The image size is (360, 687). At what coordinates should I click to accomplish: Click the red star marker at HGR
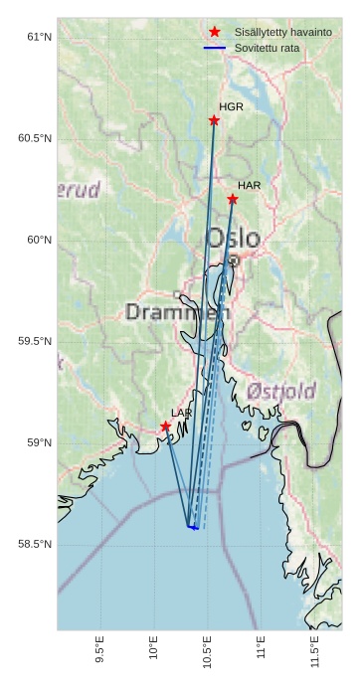214,120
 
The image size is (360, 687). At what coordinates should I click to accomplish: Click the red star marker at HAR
232,199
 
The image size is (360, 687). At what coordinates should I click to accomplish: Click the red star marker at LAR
165,427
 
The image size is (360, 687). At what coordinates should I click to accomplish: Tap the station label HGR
231,106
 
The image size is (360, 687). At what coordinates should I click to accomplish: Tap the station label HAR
249,186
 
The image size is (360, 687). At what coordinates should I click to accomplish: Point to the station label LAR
181,413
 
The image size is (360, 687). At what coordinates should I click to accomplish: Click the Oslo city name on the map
233,239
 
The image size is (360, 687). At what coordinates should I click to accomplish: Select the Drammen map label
177,312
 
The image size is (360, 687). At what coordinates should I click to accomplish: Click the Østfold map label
281,390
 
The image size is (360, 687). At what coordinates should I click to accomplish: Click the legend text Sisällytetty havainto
282,32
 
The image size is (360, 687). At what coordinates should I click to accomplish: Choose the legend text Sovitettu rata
267,48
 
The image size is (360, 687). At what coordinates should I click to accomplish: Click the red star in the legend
215,32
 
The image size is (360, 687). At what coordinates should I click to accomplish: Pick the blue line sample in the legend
215,48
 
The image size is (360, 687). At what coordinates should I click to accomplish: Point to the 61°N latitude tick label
38,37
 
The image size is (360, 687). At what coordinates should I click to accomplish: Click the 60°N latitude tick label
38,240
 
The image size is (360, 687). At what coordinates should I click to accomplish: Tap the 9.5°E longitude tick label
99,648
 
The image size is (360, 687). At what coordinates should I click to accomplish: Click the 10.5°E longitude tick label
207,648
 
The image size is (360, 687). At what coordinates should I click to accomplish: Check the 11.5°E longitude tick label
314,648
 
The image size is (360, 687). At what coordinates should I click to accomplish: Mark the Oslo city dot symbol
233,260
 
